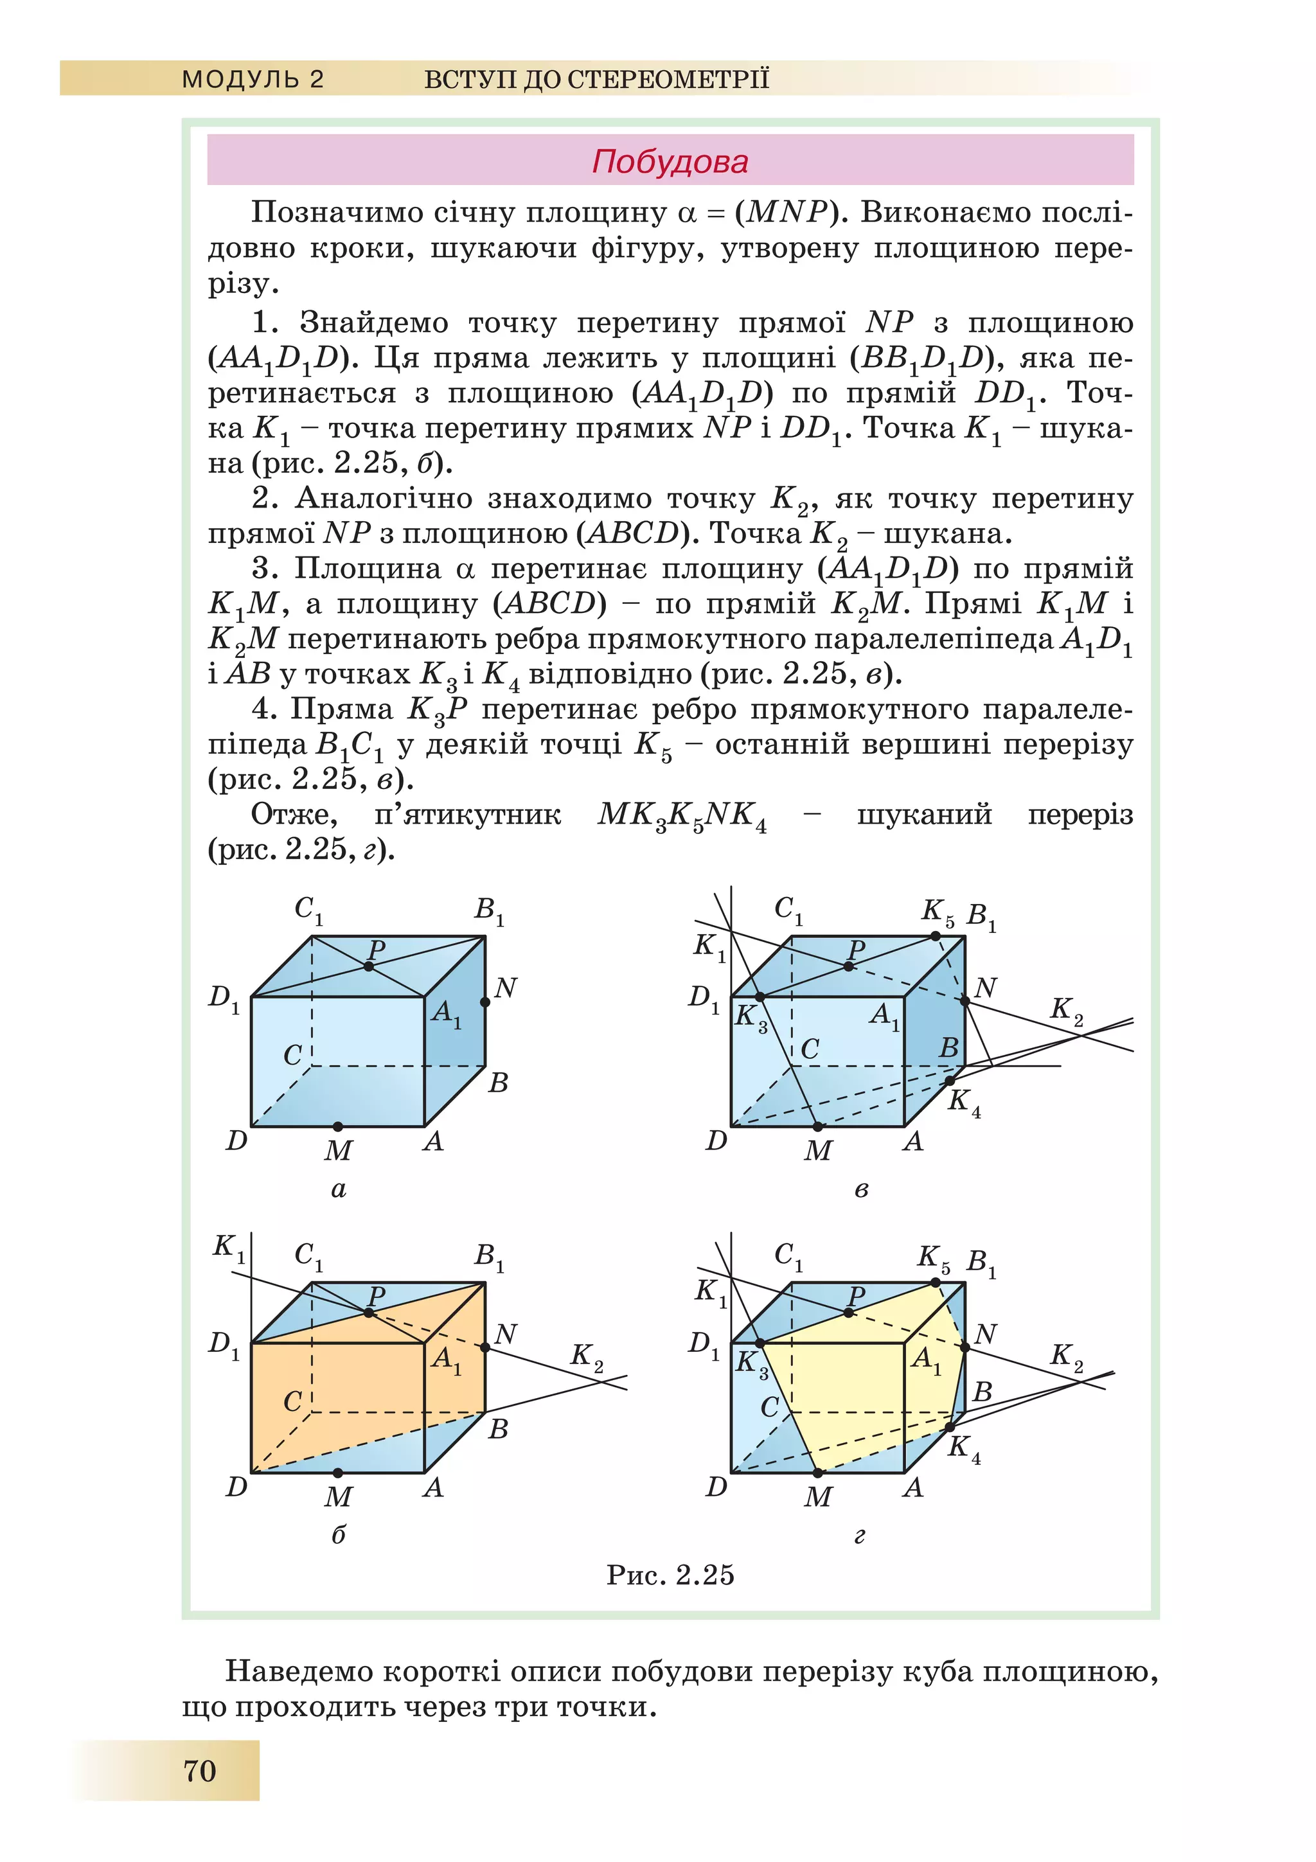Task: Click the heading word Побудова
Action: coord(670,161)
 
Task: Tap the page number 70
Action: coord(199,1769)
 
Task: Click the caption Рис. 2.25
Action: coord(670,1574)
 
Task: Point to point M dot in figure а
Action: coord(338,1126)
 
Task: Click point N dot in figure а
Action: coord(485,1002)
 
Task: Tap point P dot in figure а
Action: coord(369,966)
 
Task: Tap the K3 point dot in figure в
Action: coord(760,997)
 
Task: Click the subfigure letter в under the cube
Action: coord(861,1190)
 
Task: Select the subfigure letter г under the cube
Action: coord(860,1535)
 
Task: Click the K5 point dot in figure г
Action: coord(936,1282)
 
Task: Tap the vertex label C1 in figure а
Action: coord(308,909)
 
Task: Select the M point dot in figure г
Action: coord(817,1472)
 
